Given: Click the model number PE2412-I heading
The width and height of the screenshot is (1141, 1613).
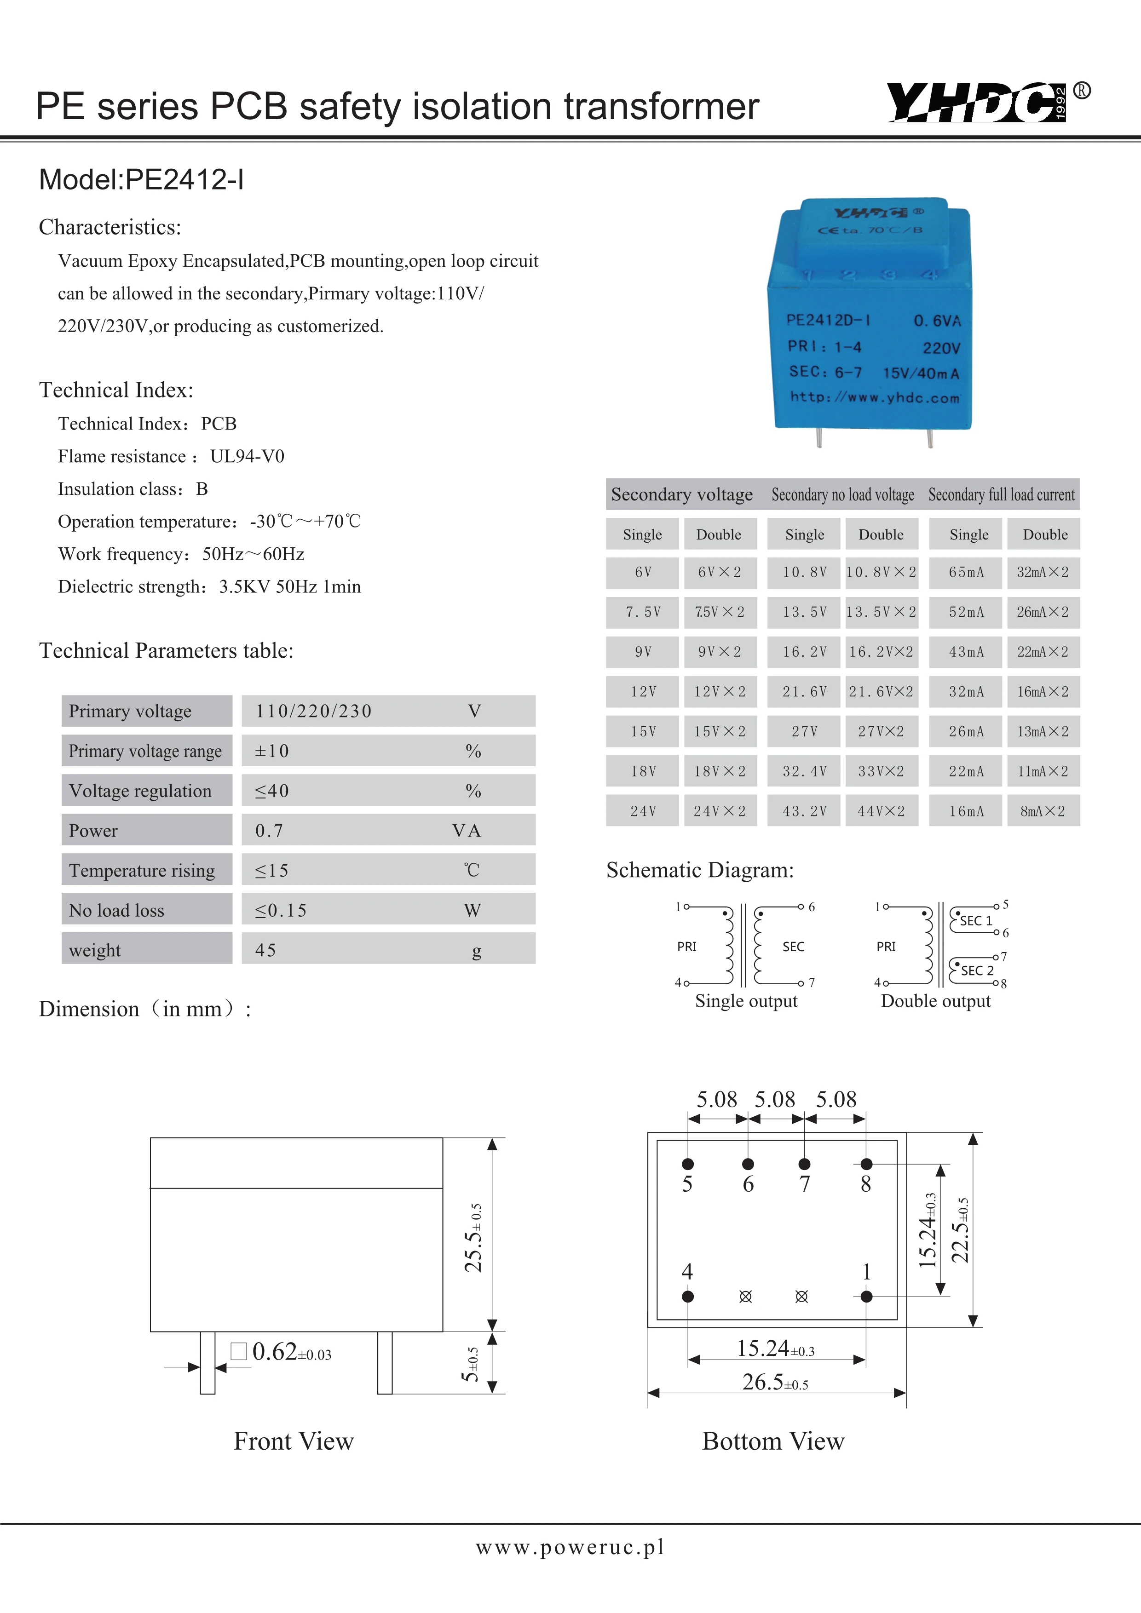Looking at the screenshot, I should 141,180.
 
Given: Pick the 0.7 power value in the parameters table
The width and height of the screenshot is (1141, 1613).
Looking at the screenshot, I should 269,831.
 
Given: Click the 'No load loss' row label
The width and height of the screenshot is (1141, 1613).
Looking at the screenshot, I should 116,911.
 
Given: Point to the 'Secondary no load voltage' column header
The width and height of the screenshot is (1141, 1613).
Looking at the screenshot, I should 842,494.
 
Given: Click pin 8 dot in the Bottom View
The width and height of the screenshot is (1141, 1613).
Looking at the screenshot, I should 866,1164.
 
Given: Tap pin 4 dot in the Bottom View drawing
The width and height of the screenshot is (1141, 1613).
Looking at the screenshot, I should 688,1296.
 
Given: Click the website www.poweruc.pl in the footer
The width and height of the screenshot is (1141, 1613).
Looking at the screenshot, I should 570,1547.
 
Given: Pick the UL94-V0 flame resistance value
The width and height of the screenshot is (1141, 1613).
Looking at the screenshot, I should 248,457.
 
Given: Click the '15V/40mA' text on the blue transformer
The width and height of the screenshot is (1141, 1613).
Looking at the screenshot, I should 920,373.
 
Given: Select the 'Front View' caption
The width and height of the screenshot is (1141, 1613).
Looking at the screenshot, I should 294,1441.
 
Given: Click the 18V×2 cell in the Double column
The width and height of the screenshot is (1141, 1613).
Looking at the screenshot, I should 720,771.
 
